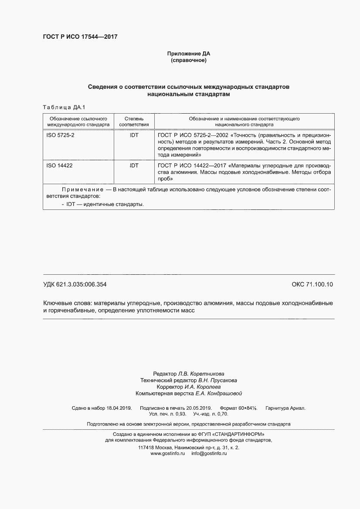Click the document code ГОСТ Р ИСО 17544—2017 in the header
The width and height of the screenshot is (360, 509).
coord(80,37)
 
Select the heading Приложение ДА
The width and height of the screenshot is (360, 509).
coord(189,54)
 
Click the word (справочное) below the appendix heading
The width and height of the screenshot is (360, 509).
coord(189,60)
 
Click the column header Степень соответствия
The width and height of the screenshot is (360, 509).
coord(134,121)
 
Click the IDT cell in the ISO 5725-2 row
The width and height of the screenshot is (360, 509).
coord(134,135)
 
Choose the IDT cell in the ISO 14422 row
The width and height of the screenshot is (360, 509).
coord(134,166)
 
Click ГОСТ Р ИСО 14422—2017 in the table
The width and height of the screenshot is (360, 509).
coord(191,166)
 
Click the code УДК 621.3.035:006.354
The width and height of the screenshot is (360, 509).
coord(75,285)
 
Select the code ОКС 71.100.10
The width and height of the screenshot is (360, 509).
coord(312,285)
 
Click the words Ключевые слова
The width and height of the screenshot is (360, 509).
coord(67,303)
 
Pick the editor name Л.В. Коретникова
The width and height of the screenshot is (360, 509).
coord(201,374)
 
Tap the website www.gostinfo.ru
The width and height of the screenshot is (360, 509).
coord(168,453)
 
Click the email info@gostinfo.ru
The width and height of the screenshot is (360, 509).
coord(209,453)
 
